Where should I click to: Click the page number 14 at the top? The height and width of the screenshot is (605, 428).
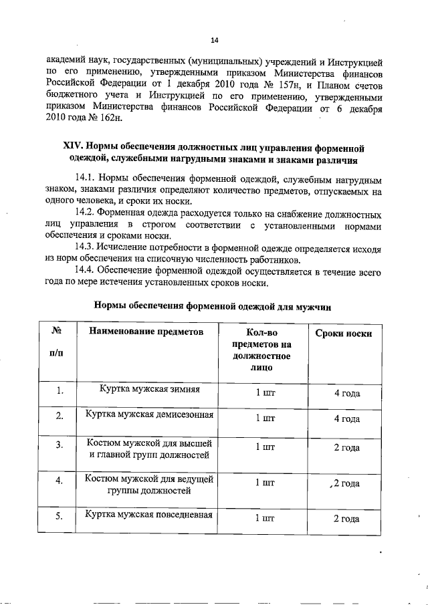point(215,39)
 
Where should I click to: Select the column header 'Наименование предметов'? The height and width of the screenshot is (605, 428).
point(144,332)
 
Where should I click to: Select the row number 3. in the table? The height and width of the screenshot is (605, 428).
point(60,445)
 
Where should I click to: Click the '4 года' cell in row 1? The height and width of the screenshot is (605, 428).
point(347,392)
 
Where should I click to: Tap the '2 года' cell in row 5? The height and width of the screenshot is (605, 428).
point(347,518)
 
